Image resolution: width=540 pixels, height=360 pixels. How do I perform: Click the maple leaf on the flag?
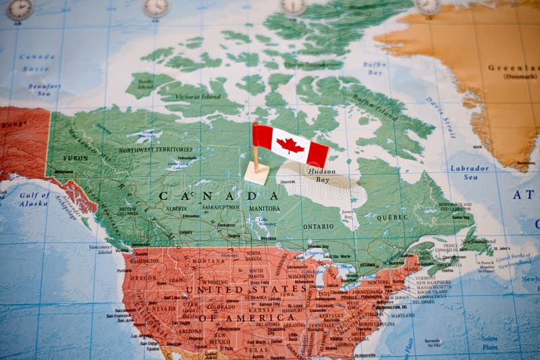click(x=290, y=145)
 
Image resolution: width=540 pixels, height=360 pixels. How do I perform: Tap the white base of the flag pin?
click(x=256, y=174)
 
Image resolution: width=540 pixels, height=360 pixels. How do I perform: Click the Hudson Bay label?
click(x=321, y=176)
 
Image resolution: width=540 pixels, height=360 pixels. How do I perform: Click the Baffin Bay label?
click(x=375, y=68)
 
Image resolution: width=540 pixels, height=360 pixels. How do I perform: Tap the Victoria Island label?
click(x=197, y=97)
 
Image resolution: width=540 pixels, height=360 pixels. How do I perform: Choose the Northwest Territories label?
click(x=155, y=149)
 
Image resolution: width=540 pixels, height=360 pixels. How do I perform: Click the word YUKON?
click(x=75, y=158)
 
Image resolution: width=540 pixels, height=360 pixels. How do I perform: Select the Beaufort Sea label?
click(x=44, y=90)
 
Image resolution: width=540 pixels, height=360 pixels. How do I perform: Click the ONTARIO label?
click(x=318, y=226)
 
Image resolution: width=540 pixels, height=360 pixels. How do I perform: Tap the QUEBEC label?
click(x=392, y=217)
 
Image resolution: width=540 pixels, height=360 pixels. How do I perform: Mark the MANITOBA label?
click(x=263, y=209)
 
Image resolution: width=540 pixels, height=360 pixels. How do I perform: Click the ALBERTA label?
click(x=176, y=209)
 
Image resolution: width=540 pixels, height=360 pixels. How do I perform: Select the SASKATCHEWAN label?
click(x=221, y=207)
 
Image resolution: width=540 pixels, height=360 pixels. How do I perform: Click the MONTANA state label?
click(x=208, y=261)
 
